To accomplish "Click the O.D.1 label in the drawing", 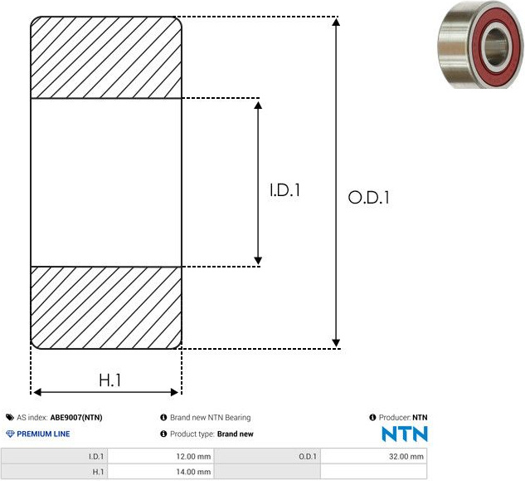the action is [x=368, y=197].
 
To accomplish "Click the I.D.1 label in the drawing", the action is [x=285, y=190].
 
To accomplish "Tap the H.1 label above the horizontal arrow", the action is [x=110, y=380].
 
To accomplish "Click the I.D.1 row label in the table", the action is [x=96, y=457].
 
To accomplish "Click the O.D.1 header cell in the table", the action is [x=308, y=457].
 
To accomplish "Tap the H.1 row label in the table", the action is [x=98, y=472].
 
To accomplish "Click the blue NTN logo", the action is [x=405, y=434].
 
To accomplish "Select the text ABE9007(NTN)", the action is [x=76, y=418].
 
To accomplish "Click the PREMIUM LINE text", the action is [x=43, y=434].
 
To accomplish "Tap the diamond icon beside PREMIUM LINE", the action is [x=11, y=434].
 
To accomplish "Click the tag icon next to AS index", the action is [x=10, y=418].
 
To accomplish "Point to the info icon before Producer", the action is [x=372, y=417].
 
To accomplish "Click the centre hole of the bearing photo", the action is [x=496, y=47].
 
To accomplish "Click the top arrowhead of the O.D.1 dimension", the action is [x=336, y=22].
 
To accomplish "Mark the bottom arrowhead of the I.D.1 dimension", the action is [x=258, y=260].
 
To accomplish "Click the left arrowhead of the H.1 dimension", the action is [x=37, y=392].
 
